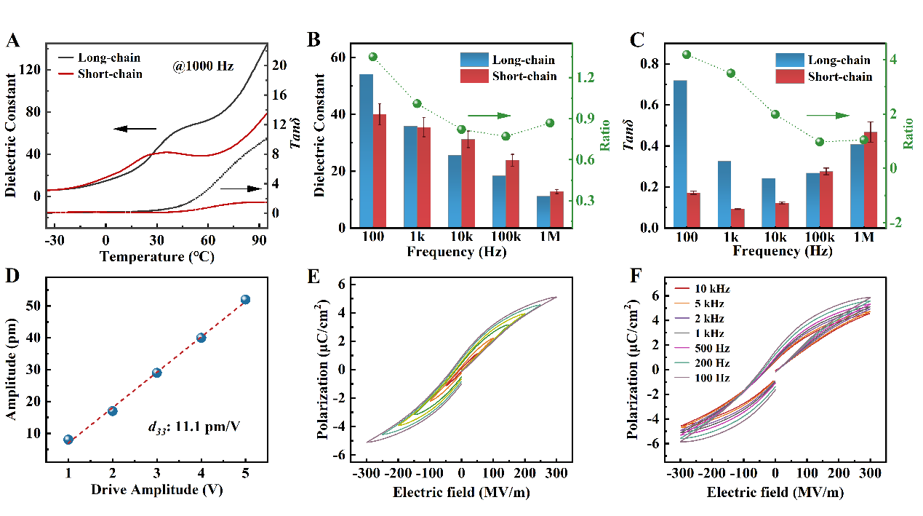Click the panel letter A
12,41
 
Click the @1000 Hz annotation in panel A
203,66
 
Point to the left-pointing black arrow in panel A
135,129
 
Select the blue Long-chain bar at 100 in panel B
366,151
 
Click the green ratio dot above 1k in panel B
417,104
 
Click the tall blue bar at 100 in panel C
680,154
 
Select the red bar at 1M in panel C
871,179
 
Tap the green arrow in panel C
828,115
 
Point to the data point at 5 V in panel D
245,300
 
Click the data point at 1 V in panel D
68,440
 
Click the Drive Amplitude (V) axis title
156,489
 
